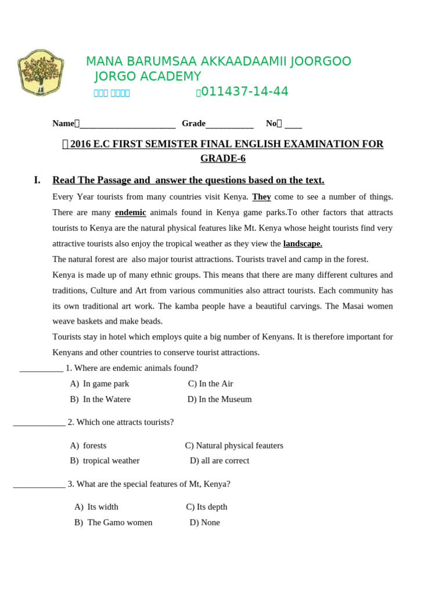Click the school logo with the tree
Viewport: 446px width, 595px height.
tap(40, 72)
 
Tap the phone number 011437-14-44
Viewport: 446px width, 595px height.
tap(244, 92)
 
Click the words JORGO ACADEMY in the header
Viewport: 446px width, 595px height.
tap(148, 77)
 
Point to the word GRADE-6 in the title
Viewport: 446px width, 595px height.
tap(223, 159)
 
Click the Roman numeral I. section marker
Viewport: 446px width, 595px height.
tap(37, 180)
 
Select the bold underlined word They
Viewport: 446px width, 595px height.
tap(261, 197)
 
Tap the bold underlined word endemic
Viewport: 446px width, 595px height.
tap(131, 213)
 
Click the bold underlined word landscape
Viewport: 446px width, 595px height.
tap(303, 244)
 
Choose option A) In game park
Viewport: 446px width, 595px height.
tap(99, 384)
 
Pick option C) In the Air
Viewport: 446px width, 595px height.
tap(210, 384)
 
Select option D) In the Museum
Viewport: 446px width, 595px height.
tap(220, 400)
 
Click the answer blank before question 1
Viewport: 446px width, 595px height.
tap(41, 368)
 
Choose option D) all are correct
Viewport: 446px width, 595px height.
tap(220, 461)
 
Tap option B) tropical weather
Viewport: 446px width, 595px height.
tap(105, 461)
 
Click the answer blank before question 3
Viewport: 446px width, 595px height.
tap(39, 484)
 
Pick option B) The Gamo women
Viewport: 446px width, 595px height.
tap(113, 523)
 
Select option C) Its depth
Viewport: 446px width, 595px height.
tap(207, 507)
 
